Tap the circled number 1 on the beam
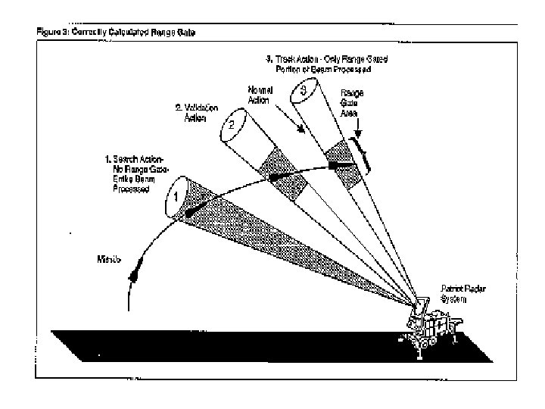pos(176,194)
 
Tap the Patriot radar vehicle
pos(431,330)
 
